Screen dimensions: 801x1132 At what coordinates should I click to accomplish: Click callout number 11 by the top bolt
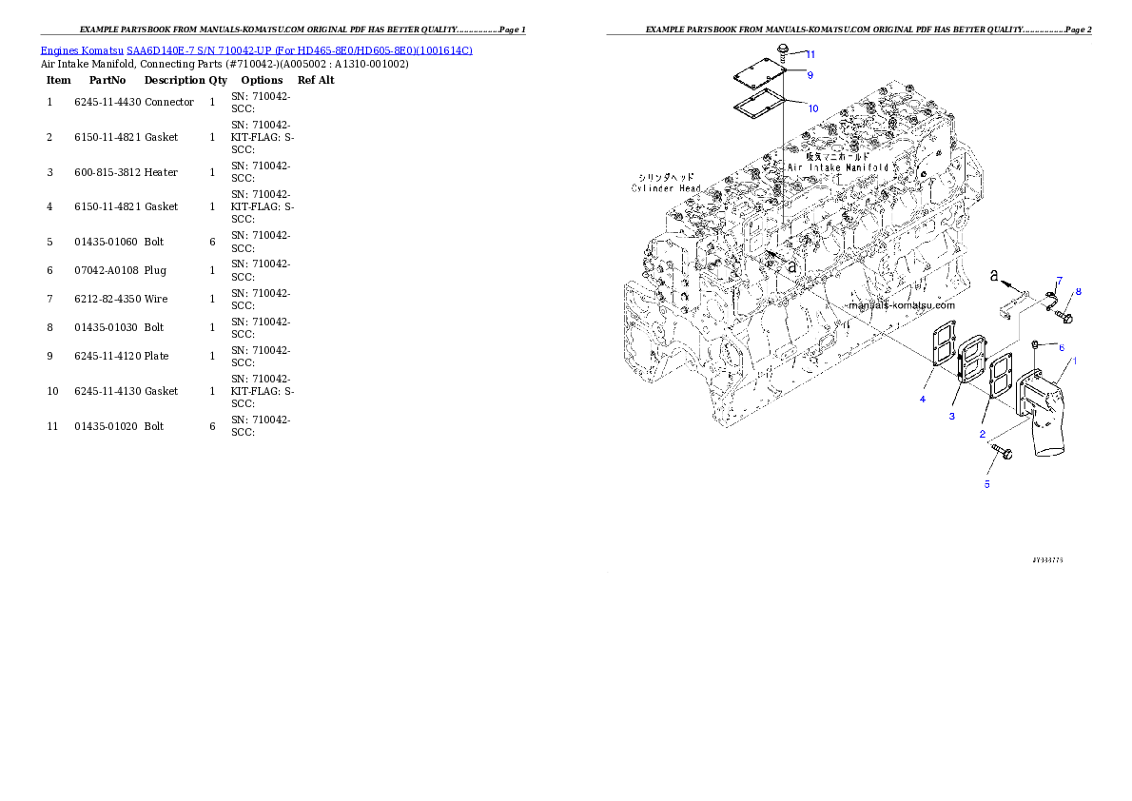tap(810, 54)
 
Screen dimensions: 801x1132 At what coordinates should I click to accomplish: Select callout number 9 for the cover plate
tap(810, 74)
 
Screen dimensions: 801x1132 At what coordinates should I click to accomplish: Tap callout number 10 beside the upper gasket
tap(812, 108)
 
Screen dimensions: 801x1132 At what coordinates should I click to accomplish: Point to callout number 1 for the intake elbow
tap(1075, 361)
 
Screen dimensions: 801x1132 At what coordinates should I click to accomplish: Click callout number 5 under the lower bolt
tap(986, 484)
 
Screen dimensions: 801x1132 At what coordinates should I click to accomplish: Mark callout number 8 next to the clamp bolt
tap(1078, 291)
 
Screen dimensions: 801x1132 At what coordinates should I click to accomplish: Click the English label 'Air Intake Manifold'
tap(838, 167)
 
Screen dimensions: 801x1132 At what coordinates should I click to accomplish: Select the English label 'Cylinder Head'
tap(666, 188)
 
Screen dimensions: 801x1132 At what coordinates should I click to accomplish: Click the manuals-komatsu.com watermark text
tap(900, 306)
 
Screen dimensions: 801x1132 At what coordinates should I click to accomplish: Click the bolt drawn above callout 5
tap(1000, 451)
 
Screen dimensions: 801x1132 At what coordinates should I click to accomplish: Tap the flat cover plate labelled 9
tap(758, 75)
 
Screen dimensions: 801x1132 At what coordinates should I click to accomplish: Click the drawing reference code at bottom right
tap(1046, 560)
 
